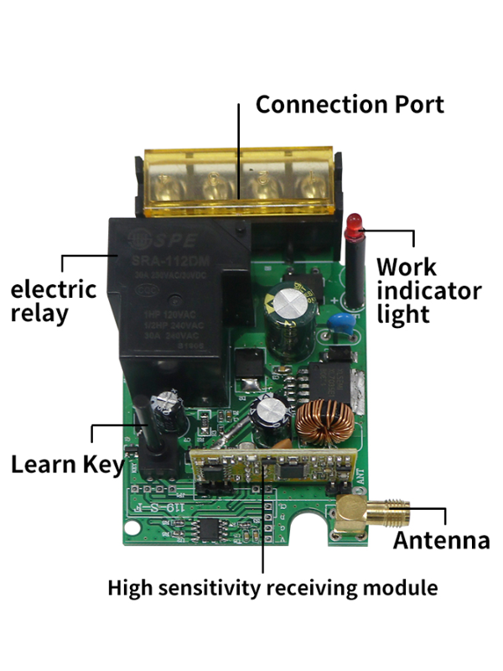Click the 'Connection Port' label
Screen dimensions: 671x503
349,105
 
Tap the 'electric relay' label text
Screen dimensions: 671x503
53,302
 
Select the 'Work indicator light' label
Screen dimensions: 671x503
428,290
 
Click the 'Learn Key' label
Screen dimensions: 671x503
67,464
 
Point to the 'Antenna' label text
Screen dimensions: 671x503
442,540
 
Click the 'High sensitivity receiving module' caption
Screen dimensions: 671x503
272,588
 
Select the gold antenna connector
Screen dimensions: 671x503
369,512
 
